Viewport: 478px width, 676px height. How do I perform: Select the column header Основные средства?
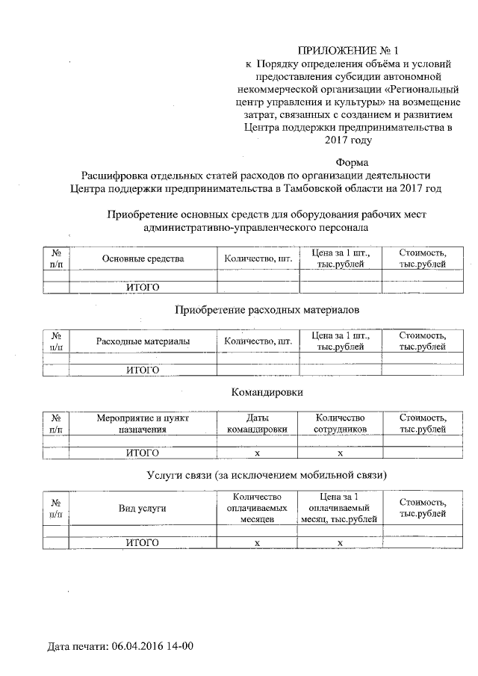pos(142,258)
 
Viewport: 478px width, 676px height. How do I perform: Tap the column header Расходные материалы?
pos(142,341)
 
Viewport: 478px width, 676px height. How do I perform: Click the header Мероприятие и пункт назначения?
pos(142,424)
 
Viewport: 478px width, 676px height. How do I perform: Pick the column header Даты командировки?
pos(257,424)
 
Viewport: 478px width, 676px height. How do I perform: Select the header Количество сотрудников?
pos(340,424)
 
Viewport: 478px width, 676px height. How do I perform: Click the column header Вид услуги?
pos(142,508)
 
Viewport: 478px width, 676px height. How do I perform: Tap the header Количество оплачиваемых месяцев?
pos(257,508)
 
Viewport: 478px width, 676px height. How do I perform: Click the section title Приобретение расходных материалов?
pos(267,308)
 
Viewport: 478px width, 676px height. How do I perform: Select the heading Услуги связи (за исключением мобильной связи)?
pos(267,474)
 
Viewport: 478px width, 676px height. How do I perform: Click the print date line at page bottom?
pos(120,644)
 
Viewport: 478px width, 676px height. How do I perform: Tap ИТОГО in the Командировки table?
pos(142,453)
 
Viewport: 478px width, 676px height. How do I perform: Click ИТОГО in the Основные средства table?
pos(142,287)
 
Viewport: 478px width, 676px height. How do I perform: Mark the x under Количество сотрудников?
pos(340,453)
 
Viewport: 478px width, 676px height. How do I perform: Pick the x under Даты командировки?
pos(257,453)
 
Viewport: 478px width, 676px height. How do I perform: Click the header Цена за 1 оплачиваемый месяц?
pos(340,508)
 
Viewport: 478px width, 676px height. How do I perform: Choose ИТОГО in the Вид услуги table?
pos(142,543)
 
